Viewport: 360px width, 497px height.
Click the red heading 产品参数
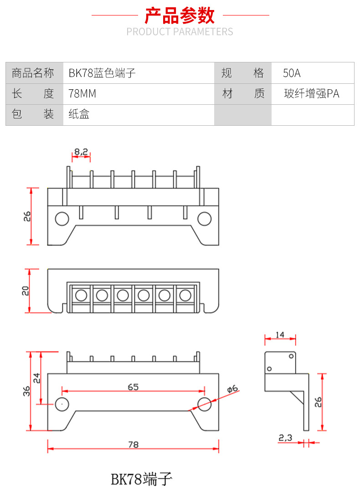point(180,15)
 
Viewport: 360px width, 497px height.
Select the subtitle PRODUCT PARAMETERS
point(180,32)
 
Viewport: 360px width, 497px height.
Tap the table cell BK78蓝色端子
point(102,73)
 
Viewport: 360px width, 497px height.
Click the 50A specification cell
point(292,73)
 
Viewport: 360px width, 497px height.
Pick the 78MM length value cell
point(82,94)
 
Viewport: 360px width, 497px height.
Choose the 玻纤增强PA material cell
point(312,94)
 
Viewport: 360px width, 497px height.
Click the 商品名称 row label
point(33,73)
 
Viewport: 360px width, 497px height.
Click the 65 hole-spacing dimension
point(133,387)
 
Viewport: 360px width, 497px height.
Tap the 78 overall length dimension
point(133,444)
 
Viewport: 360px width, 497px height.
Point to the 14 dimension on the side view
point(280,335)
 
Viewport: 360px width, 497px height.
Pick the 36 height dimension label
point(26,391)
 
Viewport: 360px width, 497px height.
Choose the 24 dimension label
point(36,378)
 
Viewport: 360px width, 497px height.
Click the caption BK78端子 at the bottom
point(142,479)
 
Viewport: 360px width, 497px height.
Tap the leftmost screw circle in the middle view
point(81,296)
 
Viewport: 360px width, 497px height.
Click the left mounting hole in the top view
point(62,219)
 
